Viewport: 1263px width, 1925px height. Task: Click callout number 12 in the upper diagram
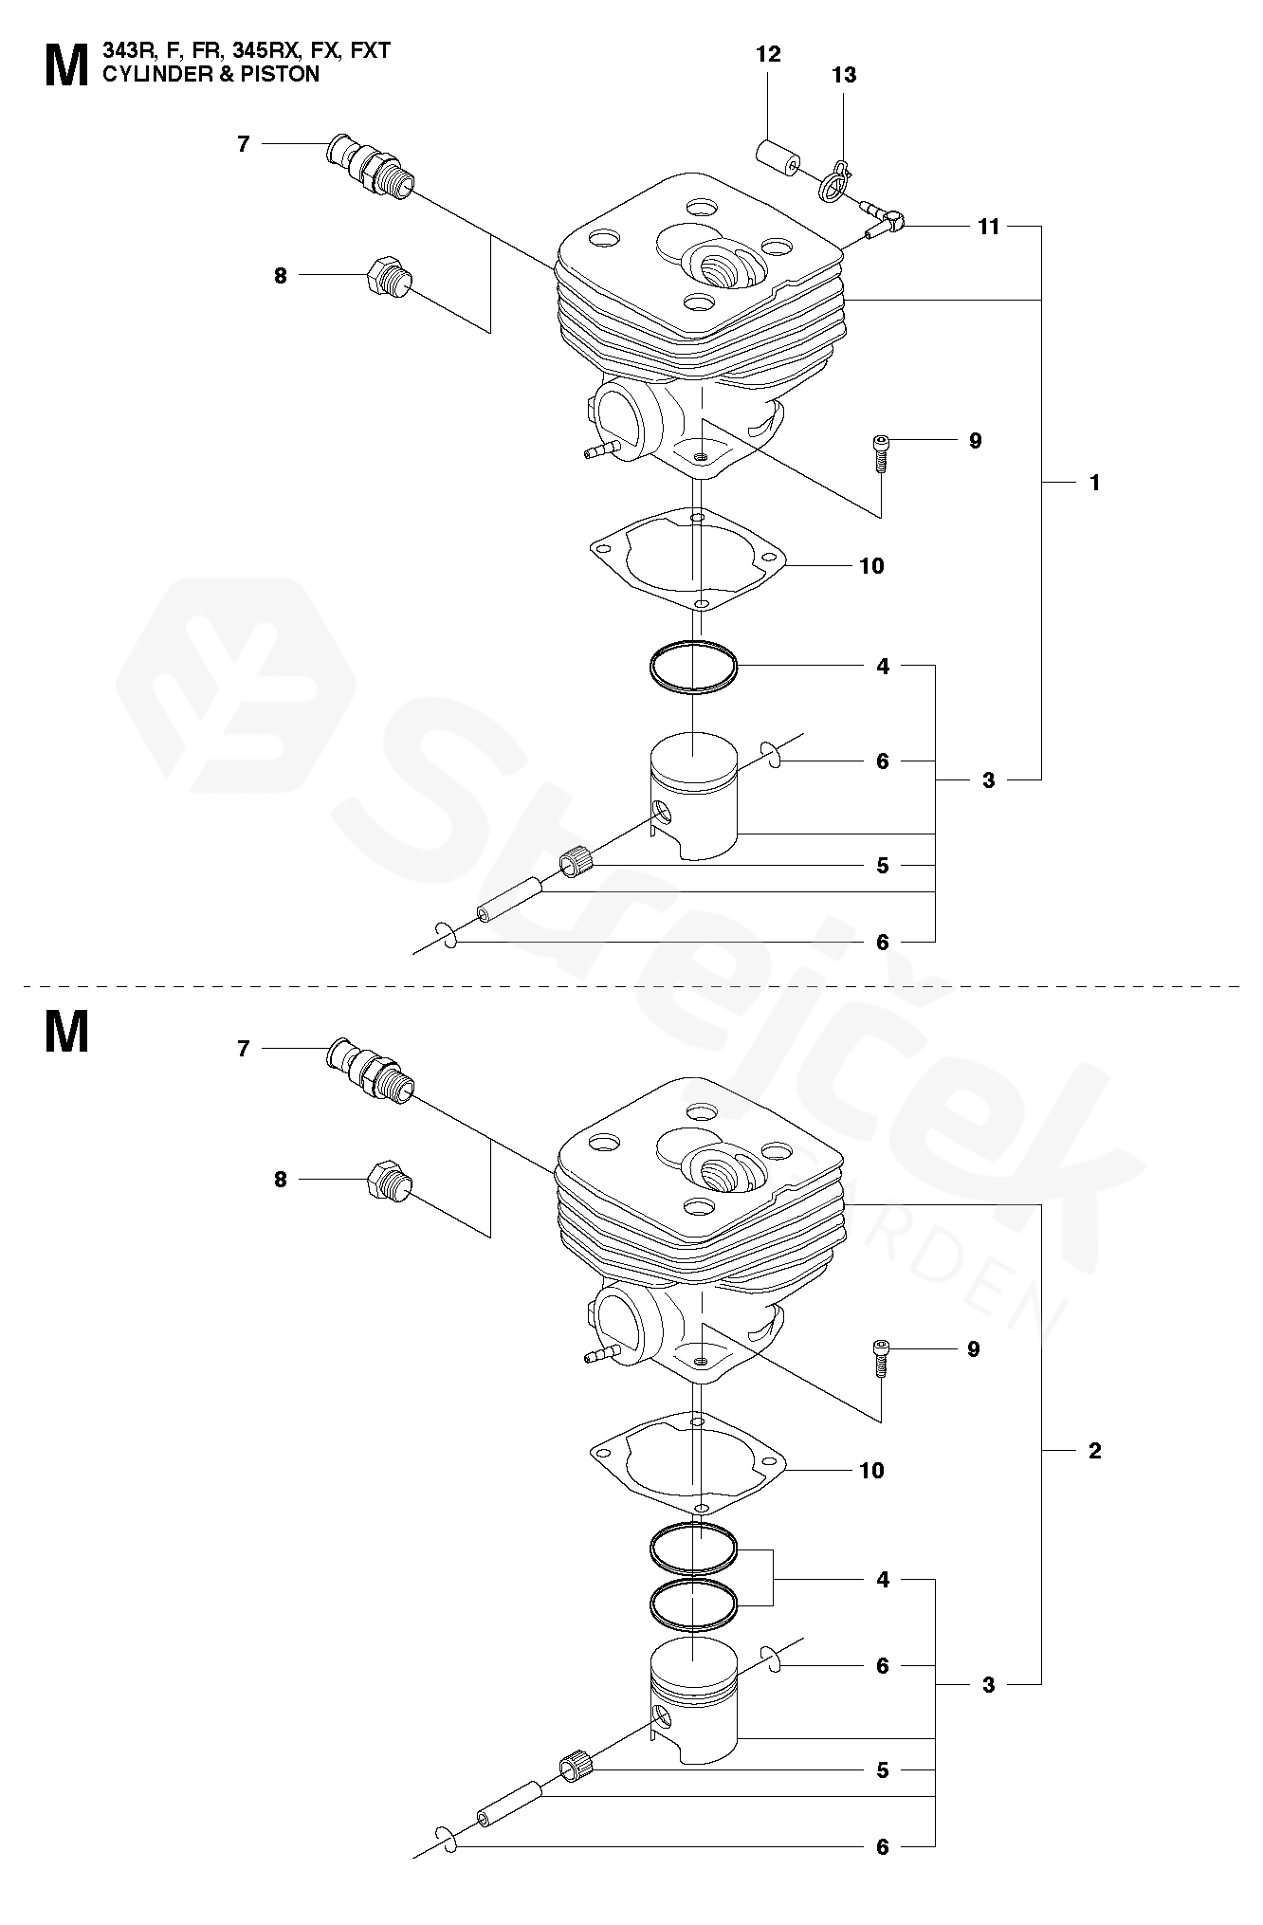pos(768,55)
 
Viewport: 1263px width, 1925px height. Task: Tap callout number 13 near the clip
pos(844,75)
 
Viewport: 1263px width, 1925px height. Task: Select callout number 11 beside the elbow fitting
pos(989,227)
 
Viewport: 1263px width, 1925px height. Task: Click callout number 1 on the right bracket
pos(1095,483)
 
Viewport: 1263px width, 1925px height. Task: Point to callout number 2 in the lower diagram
pos(1095,1451)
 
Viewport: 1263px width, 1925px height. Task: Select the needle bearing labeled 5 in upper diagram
pos(576,862)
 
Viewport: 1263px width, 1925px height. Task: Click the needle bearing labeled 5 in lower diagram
pos(576,1767)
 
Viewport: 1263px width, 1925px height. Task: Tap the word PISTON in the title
pos(283,74)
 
